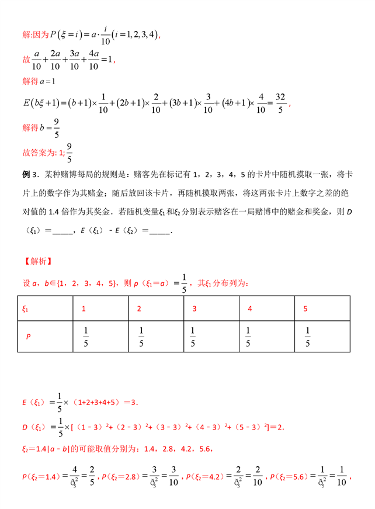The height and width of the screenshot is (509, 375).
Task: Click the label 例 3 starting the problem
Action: [30, 175]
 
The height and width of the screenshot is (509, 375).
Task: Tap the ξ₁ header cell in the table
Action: [26, 309]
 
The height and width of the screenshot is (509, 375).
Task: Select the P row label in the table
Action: [27, 337]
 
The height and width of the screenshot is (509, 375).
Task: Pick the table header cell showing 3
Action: [193, 309]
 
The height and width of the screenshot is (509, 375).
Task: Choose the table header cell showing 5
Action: [305, 309]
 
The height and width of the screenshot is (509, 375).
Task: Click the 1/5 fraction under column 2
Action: [140, 337]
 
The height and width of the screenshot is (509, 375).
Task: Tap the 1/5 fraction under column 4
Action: [249, 337]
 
